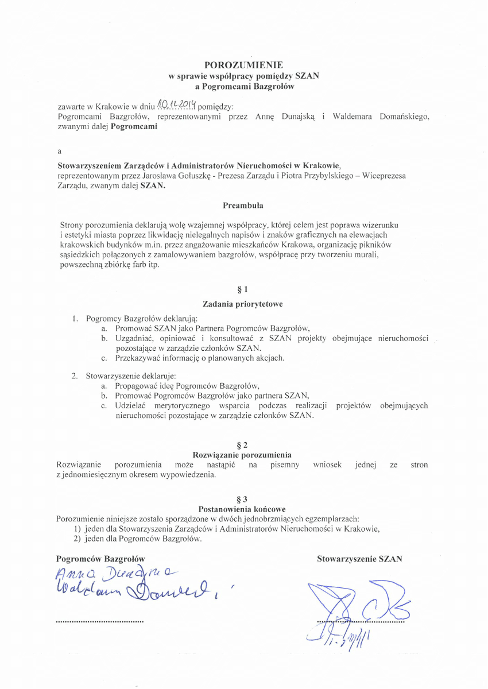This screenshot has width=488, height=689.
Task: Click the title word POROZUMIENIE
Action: click(x=243, y=65)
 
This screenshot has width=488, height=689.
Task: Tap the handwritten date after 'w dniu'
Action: click(x=177, y=104)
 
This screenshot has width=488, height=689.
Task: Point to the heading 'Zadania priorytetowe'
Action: click(x=242, y=304)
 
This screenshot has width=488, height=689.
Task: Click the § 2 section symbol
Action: click(x=242, y=445)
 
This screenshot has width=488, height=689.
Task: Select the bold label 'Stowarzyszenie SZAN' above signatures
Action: click(x=359, y=559)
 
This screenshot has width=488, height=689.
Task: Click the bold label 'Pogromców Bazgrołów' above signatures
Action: click(x=100, y=559)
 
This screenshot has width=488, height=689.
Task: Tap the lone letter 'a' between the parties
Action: click(x=60, y=152)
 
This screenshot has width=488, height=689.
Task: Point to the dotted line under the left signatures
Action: click(x=100, y=622)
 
